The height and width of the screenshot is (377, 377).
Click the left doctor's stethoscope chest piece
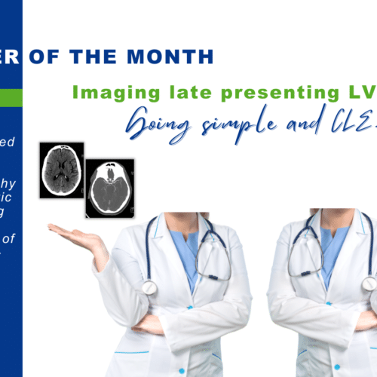[150, 287]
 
